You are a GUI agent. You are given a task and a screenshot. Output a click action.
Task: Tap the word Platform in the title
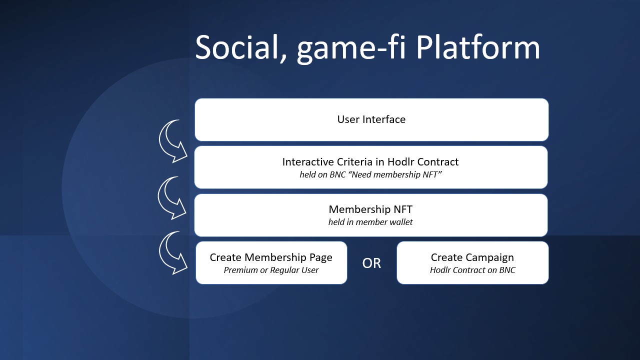(478, 47)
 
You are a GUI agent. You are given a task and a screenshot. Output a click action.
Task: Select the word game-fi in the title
(351, 48)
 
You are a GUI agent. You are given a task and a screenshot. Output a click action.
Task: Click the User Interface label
(371, 119)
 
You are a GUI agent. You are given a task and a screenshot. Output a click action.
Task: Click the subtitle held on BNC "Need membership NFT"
(370, 174)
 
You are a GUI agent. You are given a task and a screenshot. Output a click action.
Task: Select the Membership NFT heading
(370, 209)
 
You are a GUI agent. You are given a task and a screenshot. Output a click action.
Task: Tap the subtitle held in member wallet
(370, 222)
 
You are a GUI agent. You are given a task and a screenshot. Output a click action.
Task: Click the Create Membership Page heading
(271, 257)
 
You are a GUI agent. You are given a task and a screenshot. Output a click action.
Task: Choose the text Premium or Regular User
(271, 270)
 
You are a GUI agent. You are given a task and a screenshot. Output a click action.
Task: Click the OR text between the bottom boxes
(371, 263)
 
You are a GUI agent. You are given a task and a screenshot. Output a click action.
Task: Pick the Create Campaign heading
(472, 257)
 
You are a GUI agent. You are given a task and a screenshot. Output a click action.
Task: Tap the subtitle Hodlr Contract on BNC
(472, 270)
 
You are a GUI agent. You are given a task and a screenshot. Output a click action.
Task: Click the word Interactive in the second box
(308, 162)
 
